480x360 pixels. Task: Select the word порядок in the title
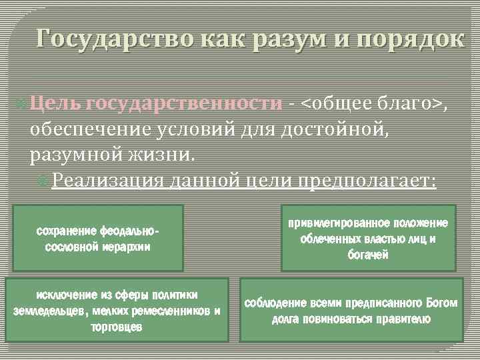click(412, 39)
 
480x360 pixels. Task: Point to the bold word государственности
click(185, 103)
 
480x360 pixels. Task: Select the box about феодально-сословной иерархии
click(98, 238)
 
